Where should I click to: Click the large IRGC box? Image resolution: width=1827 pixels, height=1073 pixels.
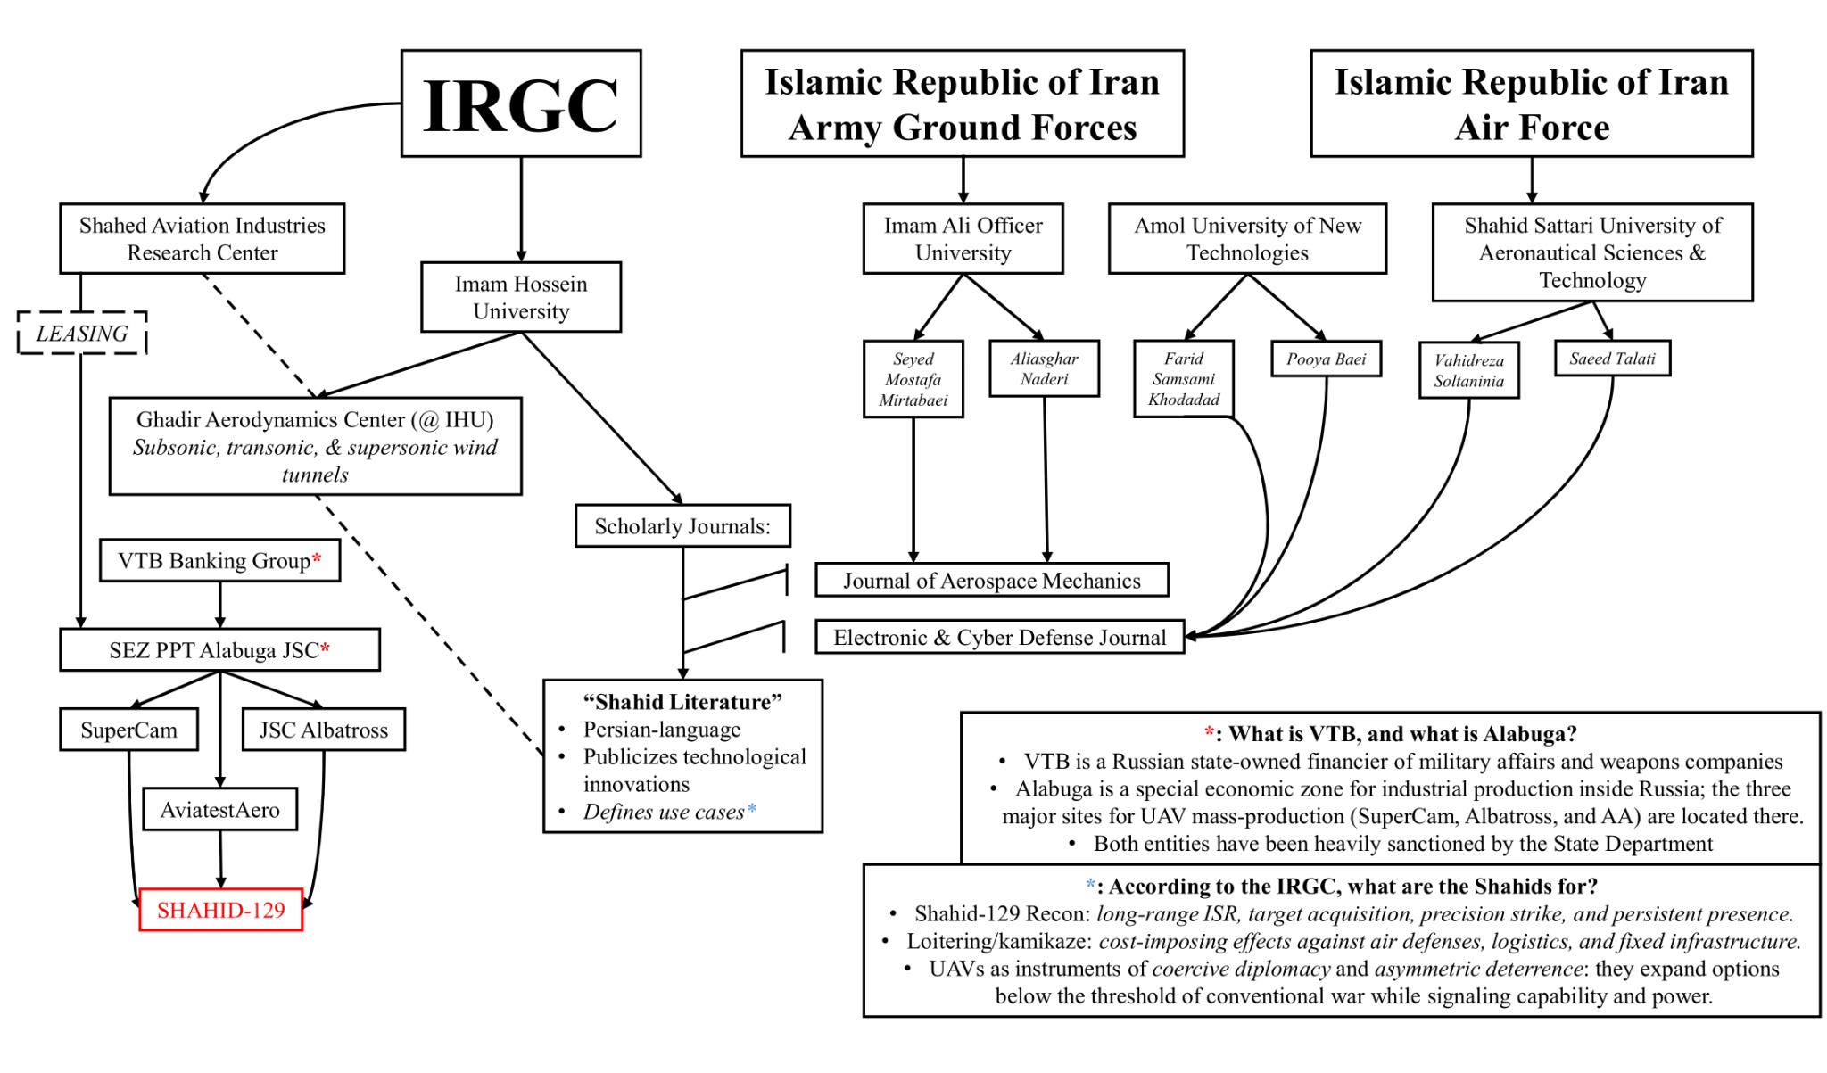[x=521, y=103]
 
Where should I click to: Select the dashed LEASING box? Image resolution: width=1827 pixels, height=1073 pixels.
[x=82, y=334]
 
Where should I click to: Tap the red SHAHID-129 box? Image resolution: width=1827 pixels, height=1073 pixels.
[x=221, y=910]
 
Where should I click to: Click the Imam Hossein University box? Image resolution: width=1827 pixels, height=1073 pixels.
[x=521, y=297]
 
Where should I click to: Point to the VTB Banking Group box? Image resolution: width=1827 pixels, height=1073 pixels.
[x=219, y=561]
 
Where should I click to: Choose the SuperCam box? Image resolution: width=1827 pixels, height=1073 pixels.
[x=128, y=730]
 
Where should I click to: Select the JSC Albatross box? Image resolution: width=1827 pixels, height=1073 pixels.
[x=324, y=730]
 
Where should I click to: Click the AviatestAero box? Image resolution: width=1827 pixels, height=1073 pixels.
[x=219, y=810]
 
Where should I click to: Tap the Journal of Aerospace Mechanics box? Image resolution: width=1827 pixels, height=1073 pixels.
[x=991, y=581]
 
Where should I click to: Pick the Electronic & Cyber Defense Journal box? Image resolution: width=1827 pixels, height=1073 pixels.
[x=999, y=638]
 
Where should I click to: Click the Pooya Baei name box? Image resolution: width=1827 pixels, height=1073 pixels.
[x=1326, y=359]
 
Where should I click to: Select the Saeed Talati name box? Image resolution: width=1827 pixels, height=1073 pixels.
[x=1612, y=359]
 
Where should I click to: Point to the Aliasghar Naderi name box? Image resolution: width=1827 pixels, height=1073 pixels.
[x=1044, y=368]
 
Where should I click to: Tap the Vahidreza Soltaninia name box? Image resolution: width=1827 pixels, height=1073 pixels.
[x=1468, y=370]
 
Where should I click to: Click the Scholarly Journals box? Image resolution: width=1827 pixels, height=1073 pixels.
[x=682, y=526]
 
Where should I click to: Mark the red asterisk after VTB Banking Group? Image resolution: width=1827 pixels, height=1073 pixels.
[x=317, y=558]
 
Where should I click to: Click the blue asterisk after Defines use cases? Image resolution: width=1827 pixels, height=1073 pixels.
[x=752, y=809]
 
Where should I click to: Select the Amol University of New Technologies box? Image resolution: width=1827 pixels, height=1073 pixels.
[x=1247, y=239]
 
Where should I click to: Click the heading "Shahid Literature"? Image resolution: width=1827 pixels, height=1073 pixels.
[x=682, y=702]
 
